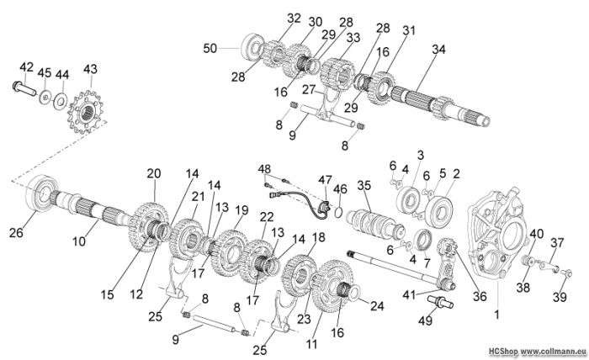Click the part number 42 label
[26, 66]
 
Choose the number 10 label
[79, 241]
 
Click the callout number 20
[153, 173]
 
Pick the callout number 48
[265, 168]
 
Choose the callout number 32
[293, 18]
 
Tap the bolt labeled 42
[23, 86]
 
